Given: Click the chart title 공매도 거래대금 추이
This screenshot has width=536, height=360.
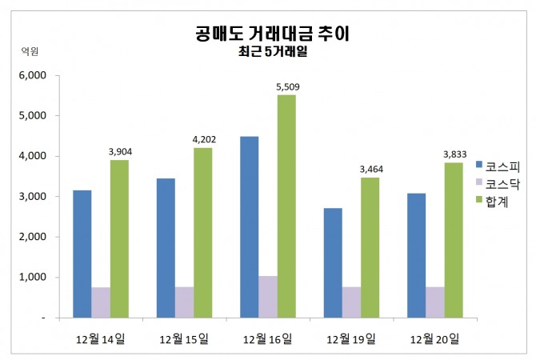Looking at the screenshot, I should click(273, 34).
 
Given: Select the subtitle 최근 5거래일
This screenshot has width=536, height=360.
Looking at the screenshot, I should click(273, 53).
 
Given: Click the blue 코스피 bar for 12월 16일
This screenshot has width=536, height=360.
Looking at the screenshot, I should click(249, 227).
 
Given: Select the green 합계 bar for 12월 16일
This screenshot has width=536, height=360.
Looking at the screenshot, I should click(286, 206).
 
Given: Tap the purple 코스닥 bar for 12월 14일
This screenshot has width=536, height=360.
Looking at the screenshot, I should click(101, 302).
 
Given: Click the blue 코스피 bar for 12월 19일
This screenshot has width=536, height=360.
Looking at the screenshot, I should click(333, 263).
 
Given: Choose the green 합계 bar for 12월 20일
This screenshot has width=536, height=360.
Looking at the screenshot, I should click(454, 240).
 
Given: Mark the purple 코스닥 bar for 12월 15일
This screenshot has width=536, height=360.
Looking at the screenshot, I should click(185, 302).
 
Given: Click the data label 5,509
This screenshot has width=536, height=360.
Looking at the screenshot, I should click(286, 87).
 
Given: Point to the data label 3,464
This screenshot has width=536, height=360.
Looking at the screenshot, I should click(370, 170).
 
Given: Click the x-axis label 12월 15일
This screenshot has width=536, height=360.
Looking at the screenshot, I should click(184, 338).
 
